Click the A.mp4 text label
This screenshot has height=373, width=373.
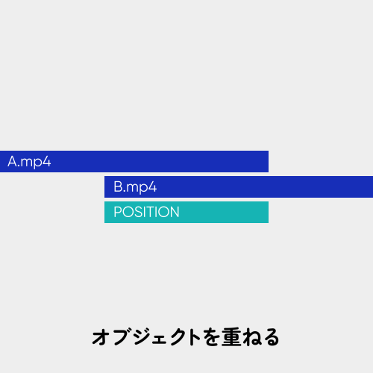[x=29, y=162]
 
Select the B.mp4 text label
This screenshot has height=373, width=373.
[x=135, y=187]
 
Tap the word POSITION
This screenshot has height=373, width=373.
[x=146, y=212]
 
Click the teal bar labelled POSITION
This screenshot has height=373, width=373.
[x=186, y=212]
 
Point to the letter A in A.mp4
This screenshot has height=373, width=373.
[x=13, y=161]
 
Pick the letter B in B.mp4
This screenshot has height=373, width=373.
[x=118, y=186]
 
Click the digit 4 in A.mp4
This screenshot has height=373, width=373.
[x=46, y=161]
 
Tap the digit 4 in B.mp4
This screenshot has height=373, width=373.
[x=152, y=186]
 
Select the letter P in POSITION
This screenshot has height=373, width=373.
[x=118, y=212]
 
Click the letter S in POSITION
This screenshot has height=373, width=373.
[x=139, y=212]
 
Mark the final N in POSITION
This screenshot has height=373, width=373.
[x=175, y=212]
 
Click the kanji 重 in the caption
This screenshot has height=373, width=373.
[x=231, y=337]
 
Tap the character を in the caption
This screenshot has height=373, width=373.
[x=211, y=337]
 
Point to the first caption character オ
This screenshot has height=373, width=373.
[x=101, y=337]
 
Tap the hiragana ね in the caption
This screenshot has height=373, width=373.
[x=252, y=337]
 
